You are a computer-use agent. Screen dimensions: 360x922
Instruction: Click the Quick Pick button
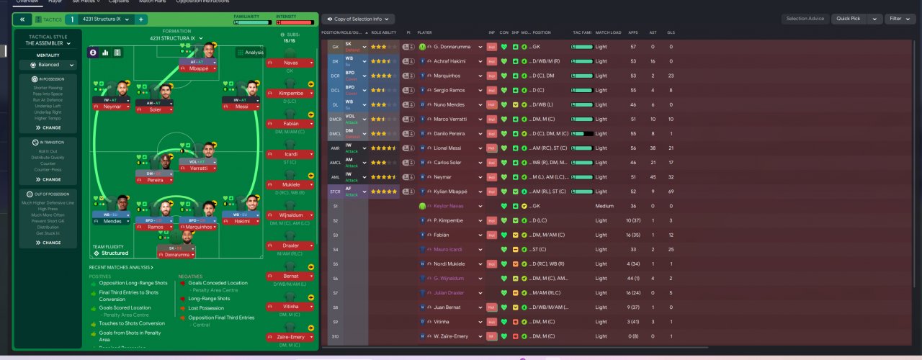pos(849,19)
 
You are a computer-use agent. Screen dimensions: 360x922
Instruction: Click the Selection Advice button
pos(805,19)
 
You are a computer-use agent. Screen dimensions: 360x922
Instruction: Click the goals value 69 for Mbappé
pos(671,192)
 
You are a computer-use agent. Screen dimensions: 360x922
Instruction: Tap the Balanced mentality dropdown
pos(49,65)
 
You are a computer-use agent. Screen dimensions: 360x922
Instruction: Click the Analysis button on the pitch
pos(251,53)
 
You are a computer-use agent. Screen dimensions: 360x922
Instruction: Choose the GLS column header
pos(671,32)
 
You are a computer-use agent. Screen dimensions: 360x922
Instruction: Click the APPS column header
pos(632,32)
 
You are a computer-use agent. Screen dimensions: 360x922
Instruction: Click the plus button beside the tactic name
pos(141,19)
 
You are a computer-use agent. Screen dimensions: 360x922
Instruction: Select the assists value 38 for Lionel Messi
pos(652,148)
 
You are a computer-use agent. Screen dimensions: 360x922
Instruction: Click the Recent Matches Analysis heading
pos(120,267)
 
